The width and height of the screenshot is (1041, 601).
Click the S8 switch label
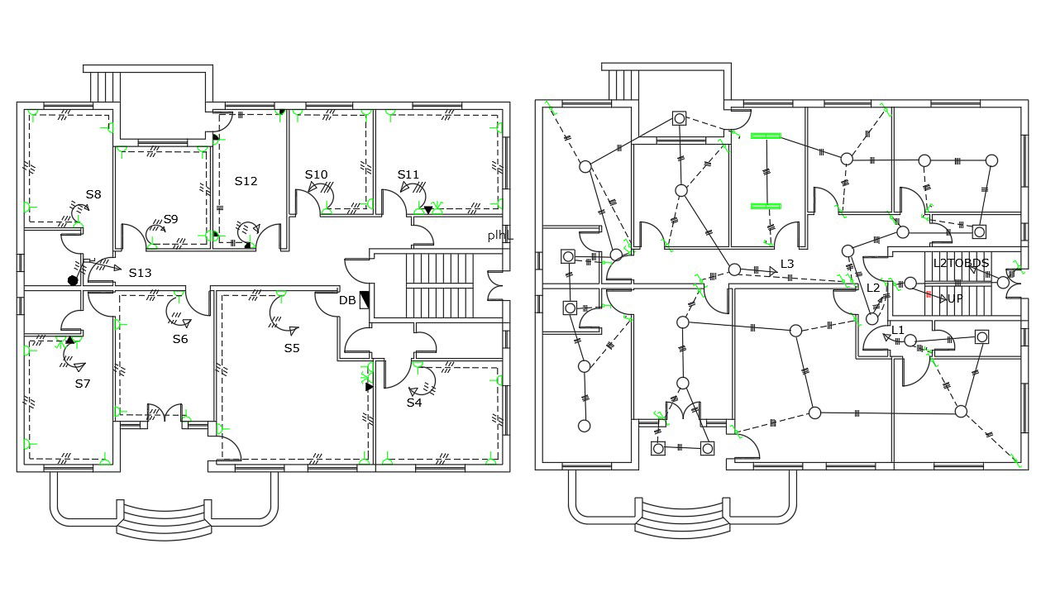tap(93, 195)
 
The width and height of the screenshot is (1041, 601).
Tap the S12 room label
tap(246, 181)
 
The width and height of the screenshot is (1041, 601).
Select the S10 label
tap(316, 174)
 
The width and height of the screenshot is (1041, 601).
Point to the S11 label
tap(408, 174)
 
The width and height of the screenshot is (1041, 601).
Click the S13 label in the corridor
tap(140, 272)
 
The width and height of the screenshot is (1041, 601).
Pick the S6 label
tap(180, 339)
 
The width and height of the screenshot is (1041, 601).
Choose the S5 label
tap(292, 348)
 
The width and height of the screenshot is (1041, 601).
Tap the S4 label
tap(413, 403)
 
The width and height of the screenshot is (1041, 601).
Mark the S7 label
tap(83, 384)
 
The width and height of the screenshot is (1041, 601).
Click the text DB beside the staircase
tap(347, 300)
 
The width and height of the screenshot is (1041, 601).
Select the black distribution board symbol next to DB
tap(365, 299)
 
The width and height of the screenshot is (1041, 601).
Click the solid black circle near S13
tap(73, 281)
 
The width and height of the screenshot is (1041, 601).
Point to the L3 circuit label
tap(787, 265)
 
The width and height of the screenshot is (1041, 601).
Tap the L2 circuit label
tap(873, 288)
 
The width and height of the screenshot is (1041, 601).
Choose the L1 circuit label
tap(897, 330)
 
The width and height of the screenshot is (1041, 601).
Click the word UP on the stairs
tap(955, 298)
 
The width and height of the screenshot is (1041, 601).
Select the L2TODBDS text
tap(961, 264)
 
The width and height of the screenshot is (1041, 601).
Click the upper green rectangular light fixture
tap(766, 136)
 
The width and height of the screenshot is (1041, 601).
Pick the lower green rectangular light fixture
tap(766, 206)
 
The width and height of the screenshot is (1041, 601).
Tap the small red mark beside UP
tap(929, 293)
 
